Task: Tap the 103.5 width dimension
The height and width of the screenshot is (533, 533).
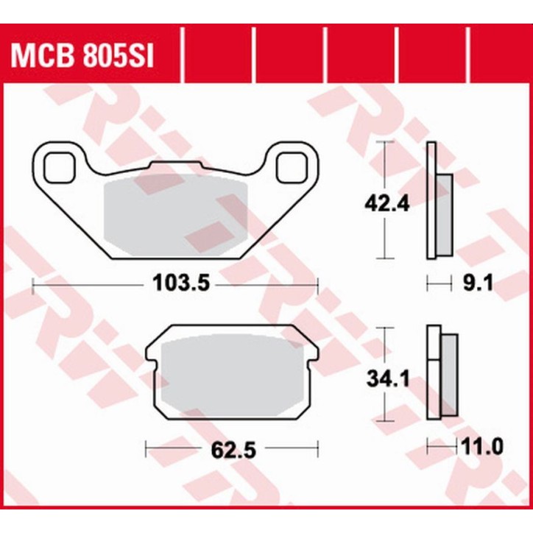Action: (x=175, y=283)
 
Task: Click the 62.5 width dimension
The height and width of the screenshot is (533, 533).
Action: (x=233, y=448)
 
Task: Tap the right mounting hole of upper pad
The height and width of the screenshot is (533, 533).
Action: (x=292, y=167)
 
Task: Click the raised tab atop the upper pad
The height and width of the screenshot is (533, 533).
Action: (x=174, y=164)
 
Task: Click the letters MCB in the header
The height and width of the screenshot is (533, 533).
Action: (x=41, y=56)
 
